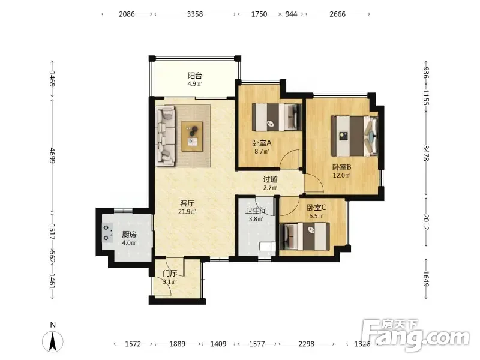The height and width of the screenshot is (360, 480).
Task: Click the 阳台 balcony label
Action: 194,76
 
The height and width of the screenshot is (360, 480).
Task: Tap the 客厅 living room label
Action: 187,203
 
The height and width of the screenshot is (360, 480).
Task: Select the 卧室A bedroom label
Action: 262,143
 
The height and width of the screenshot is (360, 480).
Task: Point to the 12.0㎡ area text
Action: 341,175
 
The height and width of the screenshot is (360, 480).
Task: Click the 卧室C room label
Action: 316,208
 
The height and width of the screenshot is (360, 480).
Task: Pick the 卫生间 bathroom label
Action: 256,211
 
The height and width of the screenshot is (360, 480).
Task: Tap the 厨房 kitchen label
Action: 129,235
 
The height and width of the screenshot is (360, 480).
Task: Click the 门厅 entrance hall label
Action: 170,274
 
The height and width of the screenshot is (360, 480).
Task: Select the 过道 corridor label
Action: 271,179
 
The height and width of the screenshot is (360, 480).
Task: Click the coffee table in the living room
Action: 192,136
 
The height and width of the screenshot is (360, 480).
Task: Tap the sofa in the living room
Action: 166,136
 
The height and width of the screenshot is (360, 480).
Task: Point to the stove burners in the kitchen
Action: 107,233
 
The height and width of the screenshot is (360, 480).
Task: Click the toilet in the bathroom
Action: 267,247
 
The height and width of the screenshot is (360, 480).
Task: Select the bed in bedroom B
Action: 355,136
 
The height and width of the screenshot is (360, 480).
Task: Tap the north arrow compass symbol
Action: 53,340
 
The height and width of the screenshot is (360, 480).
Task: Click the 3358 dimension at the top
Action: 195,14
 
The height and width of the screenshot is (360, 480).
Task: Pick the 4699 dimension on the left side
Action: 52,155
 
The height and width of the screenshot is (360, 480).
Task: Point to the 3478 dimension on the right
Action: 426,153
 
